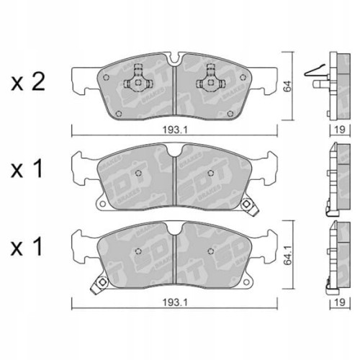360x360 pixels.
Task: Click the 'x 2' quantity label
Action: point(28,81)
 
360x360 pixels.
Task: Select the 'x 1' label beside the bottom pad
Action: point(28,250)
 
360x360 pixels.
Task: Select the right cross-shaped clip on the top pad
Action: point(212,76)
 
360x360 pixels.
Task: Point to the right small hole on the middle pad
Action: point(209,171)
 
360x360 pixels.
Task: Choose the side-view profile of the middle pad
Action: point(333,176)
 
